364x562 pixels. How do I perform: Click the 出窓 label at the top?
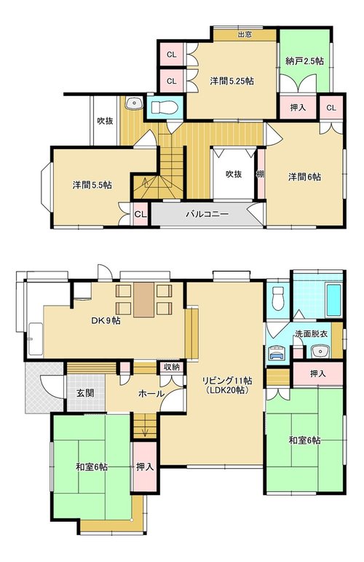click(245, 34)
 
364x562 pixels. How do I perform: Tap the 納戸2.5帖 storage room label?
click(304, 61)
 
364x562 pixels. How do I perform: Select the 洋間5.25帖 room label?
click(232, 81)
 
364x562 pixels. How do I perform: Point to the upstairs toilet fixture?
click(164, 107)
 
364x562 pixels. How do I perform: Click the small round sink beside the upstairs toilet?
click(134, 103)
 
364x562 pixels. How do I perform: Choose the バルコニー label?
click(207, 214)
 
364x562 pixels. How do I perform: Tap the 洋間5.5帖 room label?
click(92, 185)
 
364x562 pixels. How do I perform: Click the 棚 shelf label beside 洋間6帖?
click(261, 175)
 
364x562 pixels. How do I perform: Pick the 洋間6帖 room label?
click(304, 177)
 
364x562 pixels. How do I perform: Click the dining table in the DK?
click(144, 300)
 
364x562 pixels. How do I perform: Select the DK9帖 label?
click(106, 321)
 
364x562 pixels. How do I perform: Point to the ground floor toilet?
click(278, 299)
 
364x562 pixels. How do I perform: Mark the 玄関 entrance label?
click(85, 393)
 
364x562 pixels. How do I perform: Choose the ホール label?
click(151, 394)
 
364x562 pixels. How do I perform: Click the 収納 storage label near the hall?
click(172, 368)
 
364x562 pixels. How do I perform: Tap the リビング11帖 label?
click(227, 381)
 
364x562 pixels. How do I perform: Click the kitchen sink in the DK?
click(35, 339)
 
